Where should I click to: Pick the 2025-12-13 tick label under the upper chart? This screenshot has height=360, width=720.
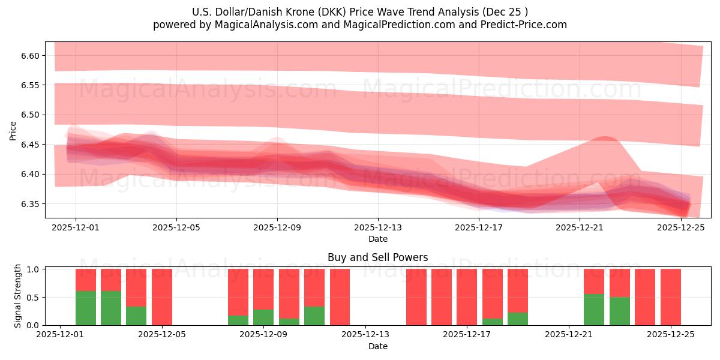coord(378,227)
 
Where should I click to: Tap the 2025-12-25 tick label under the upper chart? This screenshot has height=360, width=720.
coord(681,227)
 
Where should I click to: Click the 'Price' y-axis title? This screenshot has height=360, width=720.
coord(13,130)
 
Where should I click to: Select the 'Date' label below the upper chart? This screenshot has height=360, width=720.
coord(378,239)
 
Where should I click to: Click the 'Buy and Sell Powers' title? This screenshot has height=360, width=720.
coord(378,257)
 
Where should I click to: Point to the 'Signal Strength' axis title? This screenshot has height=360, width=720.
coord(18,296)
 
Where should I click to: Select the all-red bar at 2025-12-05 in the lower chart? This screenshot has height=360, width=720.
coord(162,297)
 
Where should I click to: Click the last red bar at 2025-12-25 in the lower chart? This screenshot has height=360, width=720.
coord(670,297)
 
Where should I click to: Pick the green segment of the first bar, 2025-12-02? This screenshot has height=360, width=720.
coord(86,308)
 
